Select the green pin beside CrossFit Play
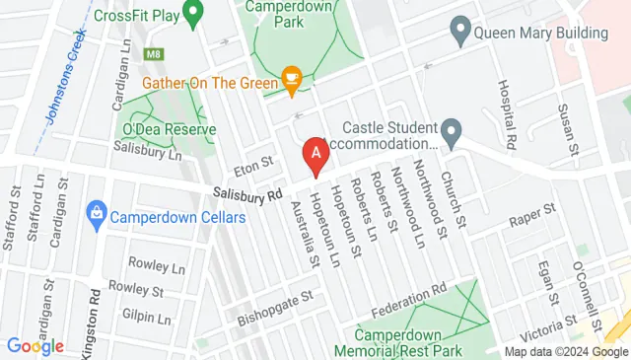point(194,14)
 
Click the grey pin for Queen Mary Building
point(458,30)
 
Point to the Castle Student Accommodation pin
point(452,129)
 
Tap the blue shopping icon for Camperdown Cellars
point(97,211)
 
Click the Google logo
point(35,346)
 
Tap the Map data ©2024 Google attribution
point(566,352)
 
